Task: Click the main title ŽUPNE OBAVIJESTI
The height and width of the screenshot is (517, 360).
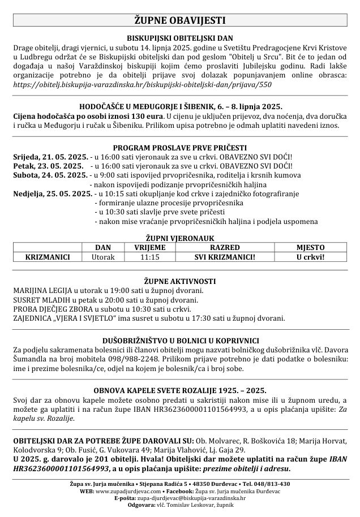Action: click(x=179, y=21)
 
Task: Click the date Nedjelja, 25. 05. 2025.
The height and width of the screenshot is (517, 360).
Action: click(x=52, y=193)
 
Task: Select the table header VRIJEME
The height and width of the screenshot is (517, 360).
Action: click(x=149, y=248)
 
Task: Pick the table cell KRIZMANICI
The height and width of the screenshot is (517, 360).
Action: click(x=48, y=257)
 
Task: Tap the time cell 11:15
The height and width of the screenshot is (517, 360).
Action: click(x=149, y=257)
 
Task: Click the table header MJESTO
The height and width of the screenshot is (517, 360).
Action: click(x=310, y=248)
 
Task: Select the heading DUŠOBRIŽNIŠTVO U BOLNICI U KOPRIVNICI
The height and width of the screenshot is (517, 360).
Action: click(x=179, y=341)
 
